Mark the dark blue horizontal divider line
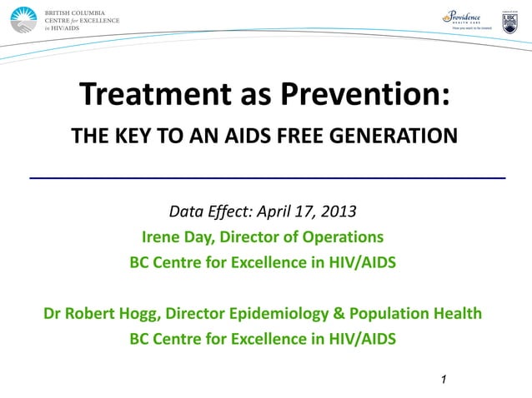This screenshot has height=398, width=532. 267,178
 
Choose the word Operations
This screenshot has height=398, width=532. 342,236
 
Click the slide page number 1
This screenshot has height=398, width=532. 444,381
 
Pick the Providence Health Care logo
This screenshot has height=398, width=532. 466,19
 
